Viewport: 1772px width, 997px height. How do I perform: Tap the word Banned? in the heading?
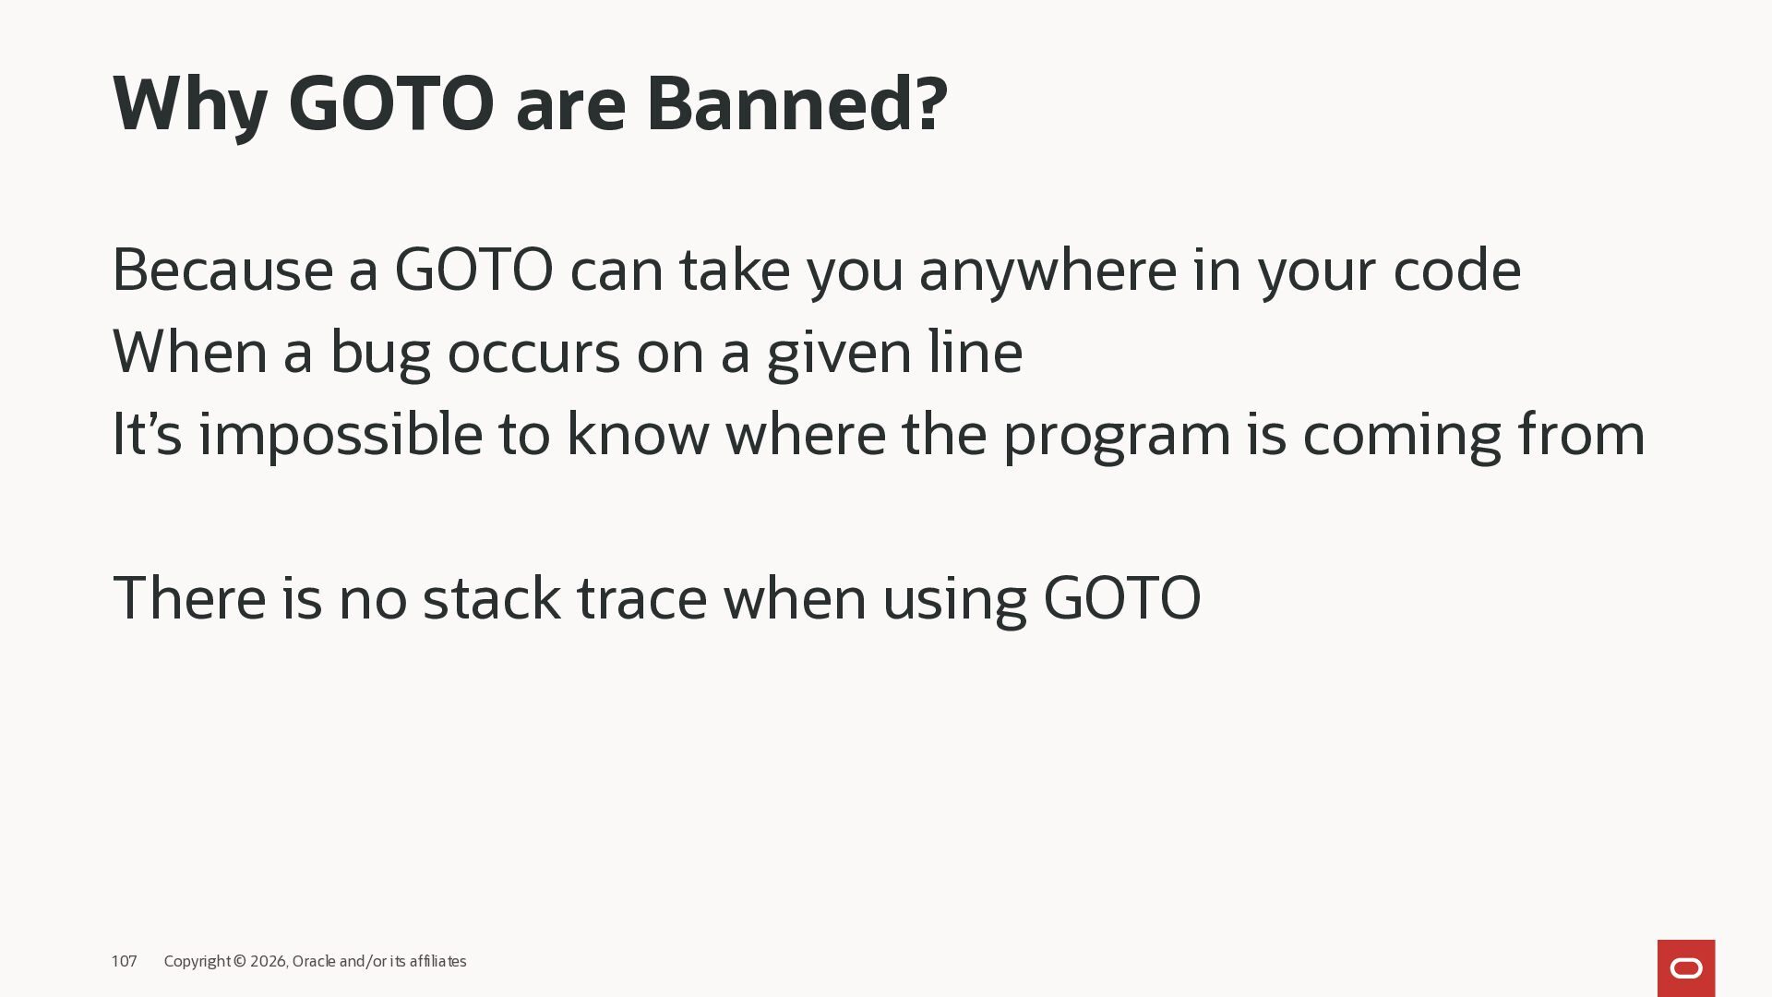pos(797,102)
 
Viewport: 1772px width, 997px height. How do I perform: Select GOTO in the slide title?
pos(391,102)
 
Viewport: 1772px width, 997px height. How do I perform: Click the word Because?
pos(222,270)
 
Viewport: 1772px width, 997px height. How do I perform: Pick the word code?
pos(1457,270)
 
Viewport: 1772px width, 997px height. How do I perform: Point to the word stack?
pos(491,598)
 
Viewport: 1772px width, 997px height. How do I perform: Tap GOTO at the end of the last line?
pos(1122,598)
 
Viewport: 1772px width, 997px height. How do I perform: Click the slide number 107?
pos(124,961)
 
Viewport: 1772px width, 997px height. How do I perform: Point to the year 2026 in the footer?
pos(269,962)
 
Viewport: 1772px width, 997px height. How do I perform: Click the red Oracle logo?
pos(1686,968)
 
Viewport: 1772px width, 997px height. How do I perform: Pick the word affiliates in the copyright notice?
pos(437,961)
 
